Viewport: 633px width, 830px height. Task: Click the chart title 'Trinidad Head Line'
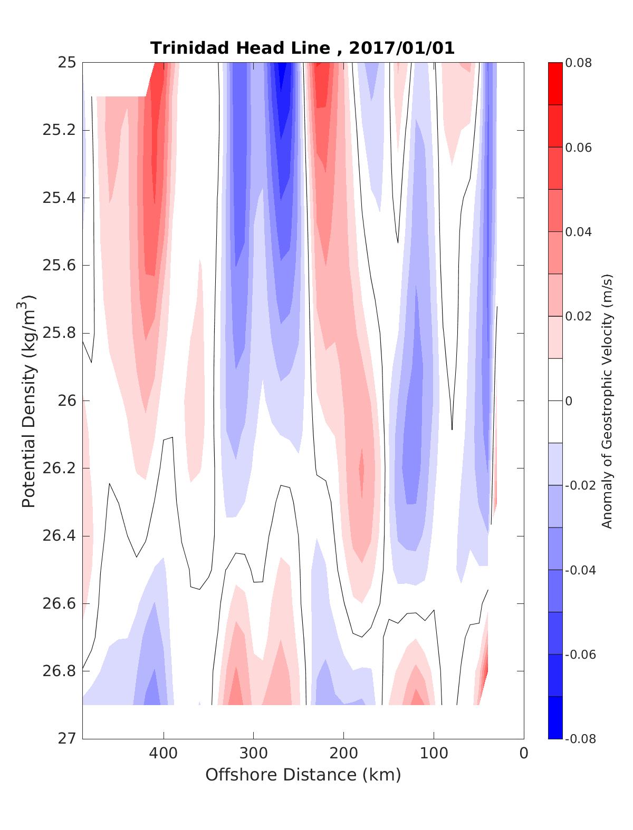tap(240, 48)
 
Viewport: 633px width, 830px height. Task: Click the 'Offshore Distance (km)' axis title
tap(303, 775)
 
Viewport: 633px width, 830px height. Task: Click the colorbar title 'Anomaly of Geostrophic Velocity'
tap(607, 401)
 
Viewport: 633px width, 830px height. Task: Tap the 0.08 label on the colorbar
tap(578, 63)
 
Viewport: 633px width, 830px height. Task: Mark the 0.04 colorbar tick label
tap(578, 232)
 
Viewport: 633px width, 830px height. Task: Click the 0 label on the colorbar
tap(569, 401)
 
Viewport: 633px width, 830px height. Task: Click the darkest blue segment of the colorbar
tap(555, 717)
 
